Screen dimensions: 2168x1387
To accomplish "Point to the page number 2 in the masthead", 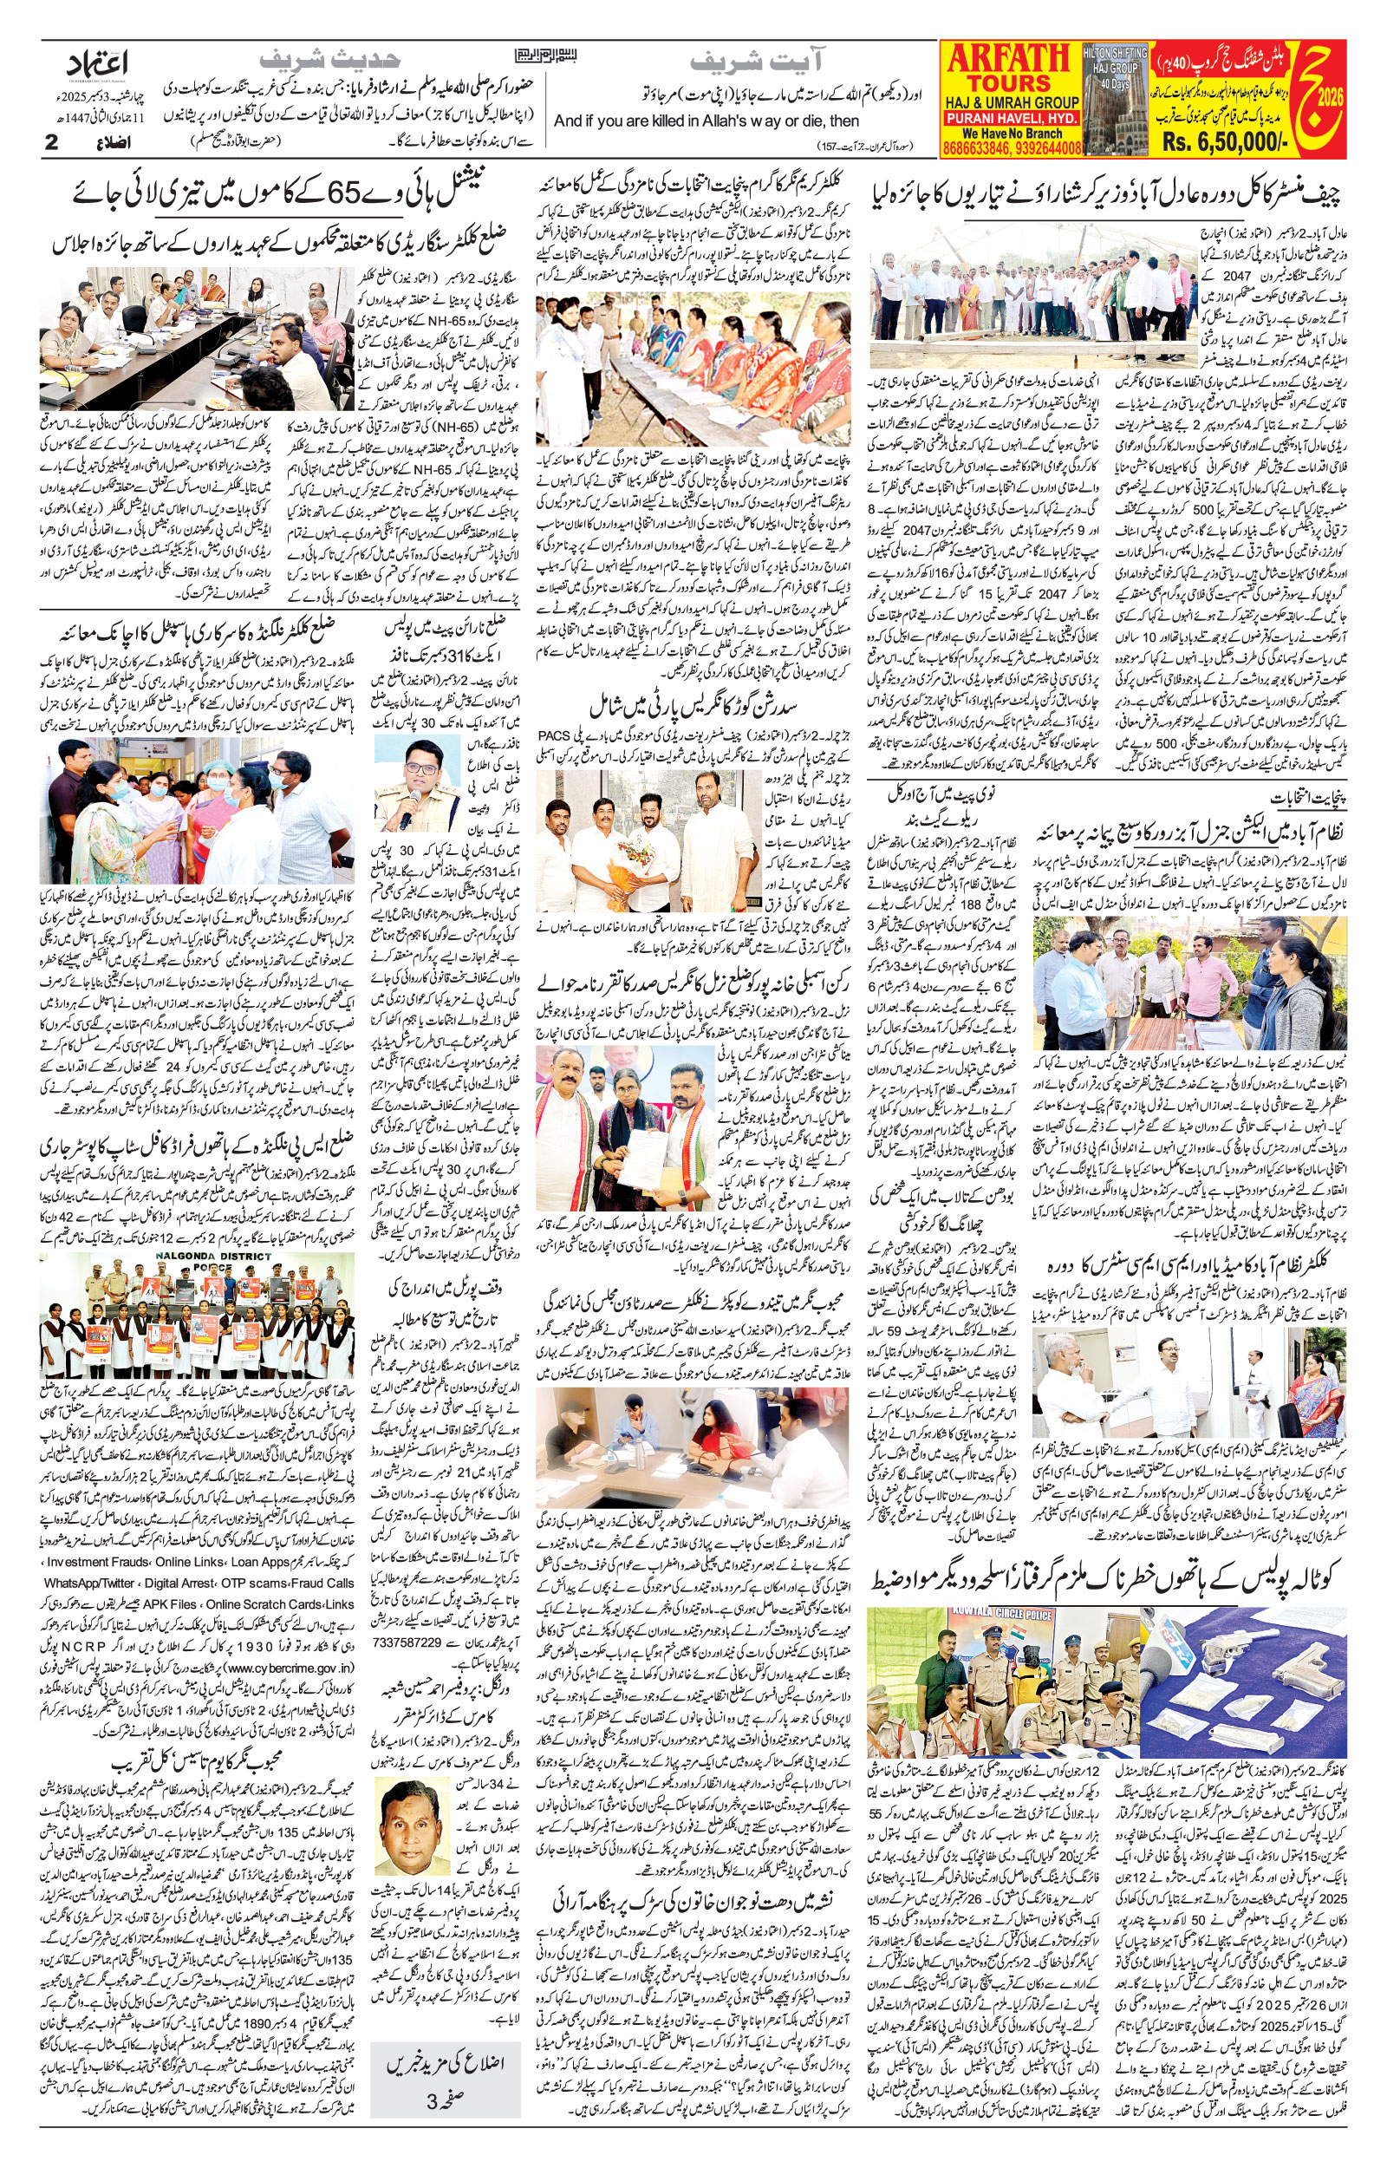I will (x=52, y=142).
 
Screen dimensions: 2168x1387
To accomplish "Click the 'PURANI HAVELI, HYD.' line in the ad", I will (x=1010, y=119).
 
